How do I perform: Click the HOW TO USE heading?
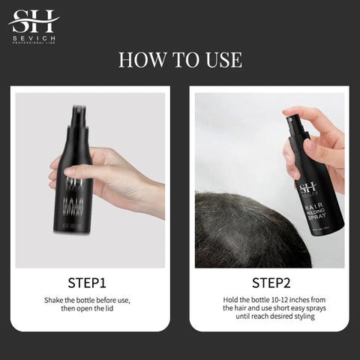pos(180,60)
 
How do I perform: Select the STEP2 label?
pos(270,283)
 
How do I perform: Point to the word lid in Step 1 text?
pos(113,308)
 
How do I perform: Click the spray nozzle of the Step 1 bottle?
pos(76,113)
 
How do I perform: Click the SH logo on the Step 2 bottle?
pos(308,187)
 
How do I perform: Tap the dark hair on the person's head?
pos(240,232)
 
